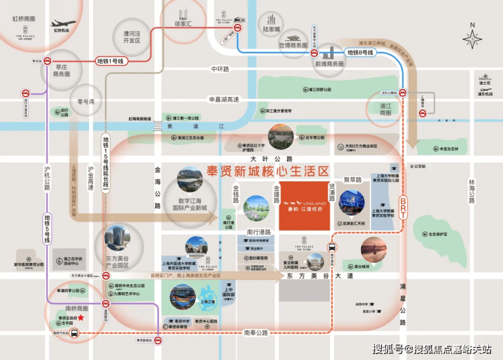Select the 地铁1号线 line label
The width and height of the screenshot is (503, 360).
pos(111,61)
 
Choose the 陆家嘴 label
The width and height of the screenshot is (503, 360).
pos(271,30)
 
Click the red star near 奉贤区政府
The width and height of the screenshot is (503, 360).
pos(80,318)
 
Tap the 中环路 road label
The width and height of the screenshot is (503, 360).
pos(220,69)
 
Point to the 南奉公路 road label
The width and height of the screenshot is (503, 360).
pos(256,333)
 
